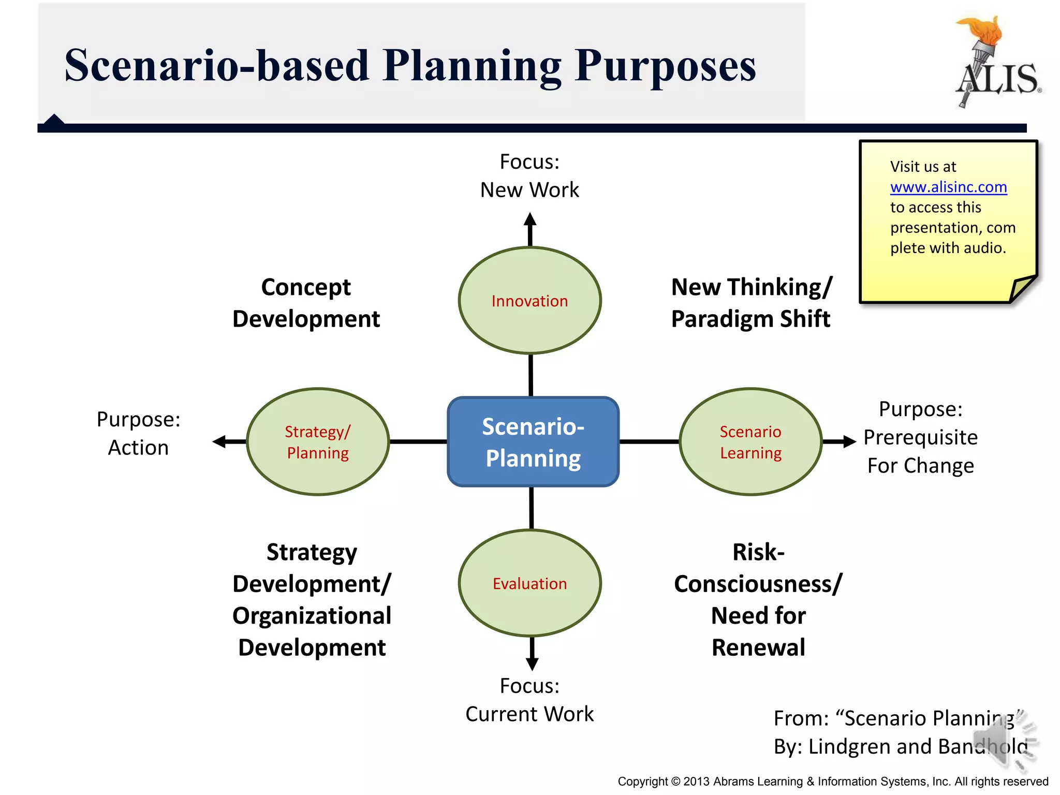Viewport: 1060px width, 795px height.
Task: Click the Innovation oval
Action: click(x=529, y=301)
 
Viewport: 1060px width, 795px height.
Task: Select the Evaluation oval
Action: click(x=529, y=583)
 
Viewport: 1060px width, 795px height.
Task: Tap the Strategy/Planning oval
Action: click(x=318, y=441)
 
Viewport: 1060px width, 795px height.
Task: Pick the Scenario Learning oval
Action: click(x=750, y=441)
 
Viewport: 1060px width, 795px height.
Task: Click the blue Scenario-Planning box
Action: click(x=533, y=441)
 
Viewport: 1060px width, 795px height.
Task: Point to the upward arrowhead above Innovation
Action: click(x=529, y=219)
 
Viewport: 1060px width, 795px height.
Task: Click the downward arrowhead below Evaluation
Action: click(x=532, y=664)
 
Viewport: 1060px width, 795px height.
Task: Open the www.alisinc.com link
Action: click(x=948, y=187)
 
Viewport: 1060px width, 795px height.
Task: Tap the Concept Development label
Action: click(x=306, y=303)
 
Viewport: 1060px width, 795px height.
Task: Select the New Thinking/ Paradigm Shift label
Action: click(x=751, y=303)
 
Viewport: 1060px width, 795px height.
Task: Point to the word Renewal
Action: click(x=758, y=647)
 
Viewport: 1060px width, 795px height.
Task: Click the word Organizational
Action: click(x=312, y=616)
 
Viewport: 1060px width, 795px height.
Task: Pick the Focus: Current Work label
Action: click(x=529, y=700)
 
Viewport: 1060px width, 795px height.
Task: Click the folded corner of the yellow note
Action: click(x=1022, y=289)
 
